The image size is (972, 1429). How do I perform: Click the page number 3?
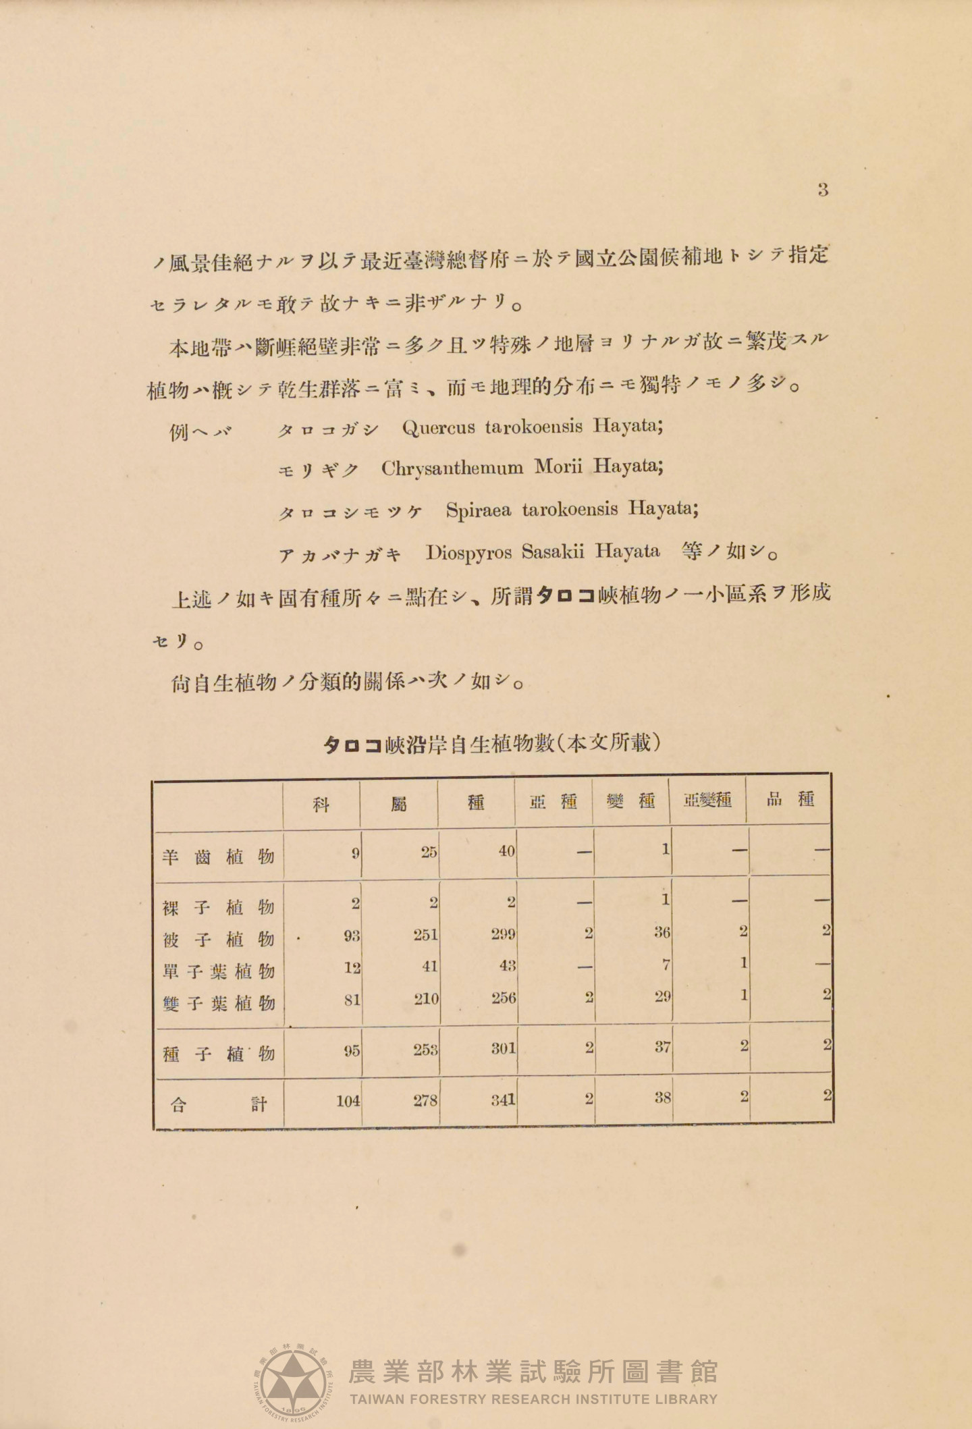pyautogui.click(x=822, y=190)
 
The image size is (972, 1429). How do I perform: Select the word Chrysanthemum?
pyautogui.click(x=452, y=468)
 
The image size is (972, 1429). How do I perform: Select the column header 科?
pyautogui.click(x=321, y=803)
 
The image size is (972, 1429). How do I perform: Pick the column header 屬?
pyautogui.click(x=399, y=803)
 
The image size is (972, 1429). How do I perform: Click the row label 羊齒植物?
pyautogui.click(x=219, y=857)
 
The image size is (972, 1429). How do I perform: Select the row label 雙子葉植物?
pyautogui.click(x=219, y=1003)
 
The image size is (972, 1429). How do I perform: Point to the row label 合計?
pyautogui.click(x=219, y=1104)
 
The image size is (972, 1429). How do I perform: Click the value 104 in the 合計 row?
pyautogui.click(x=348, y=1101)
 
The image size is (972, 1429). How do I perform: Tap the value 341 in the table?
pyautogui.click(x=504, y=1100)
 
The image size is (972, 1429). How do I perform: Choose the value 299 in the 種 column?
pyautogui.click(x=504, y=934)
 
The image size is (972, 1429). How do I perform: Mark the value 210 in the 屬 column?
pyautogui.click(x=426, y=998)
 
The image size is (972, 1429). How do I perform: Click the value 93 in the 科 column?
pyautogui.click(x=351, y=936)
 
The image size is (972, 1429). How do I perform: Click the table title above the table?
pyautogui.click(x=491, y=744)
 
